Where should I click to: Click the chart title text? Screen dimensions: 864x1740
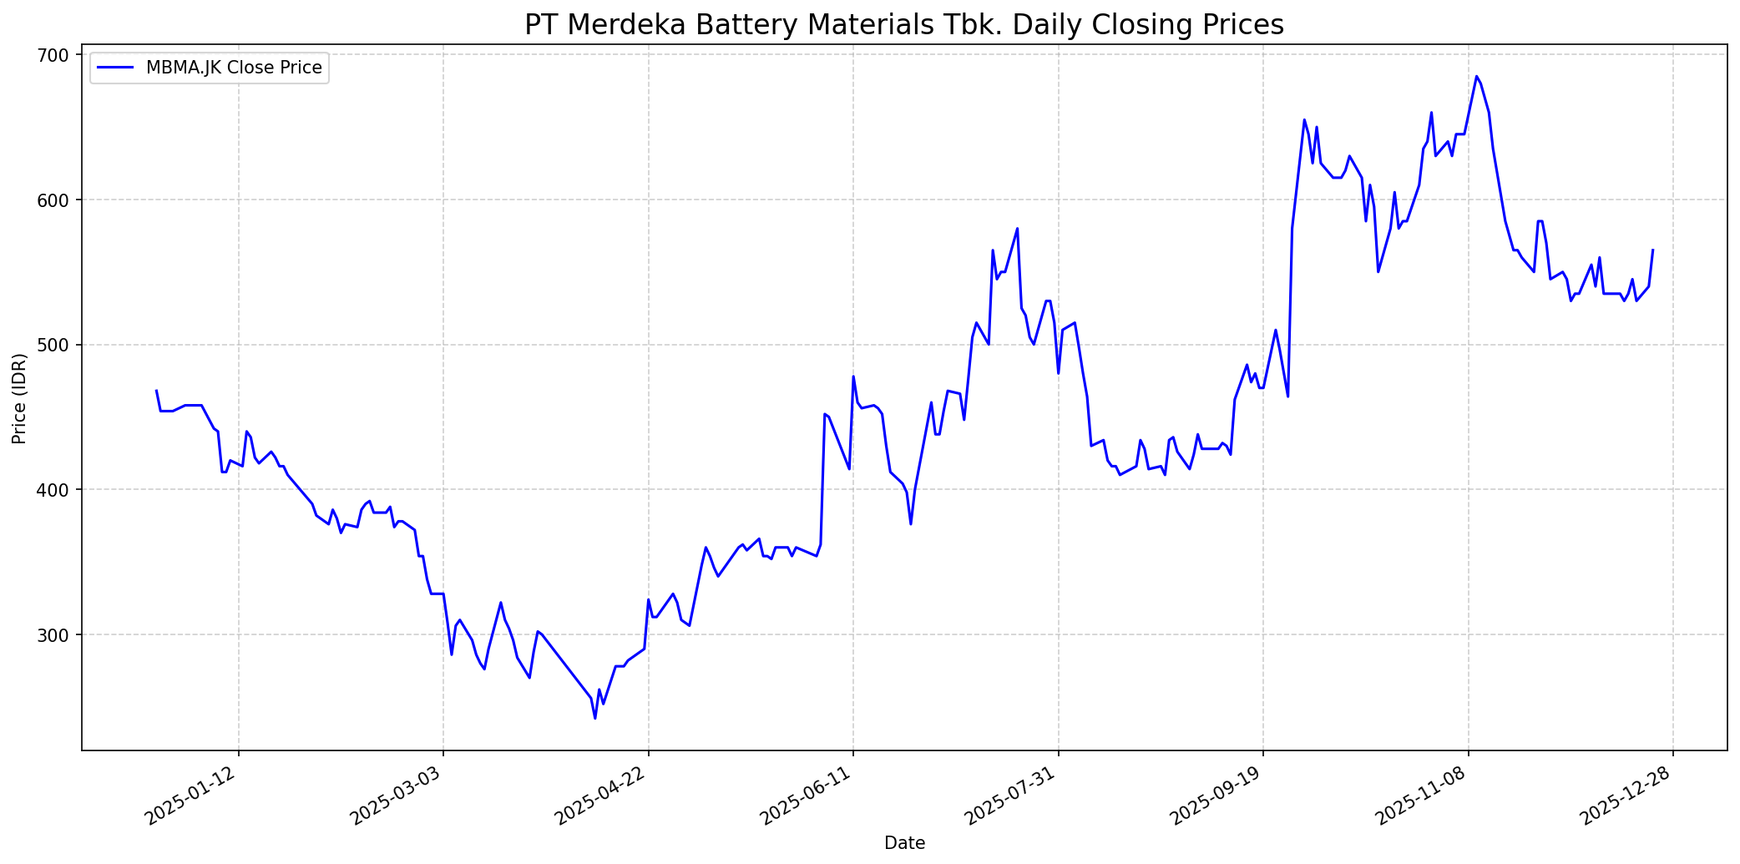(903, 25)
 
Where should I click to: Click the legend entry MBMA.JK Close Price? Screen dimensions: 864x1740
(233, 68)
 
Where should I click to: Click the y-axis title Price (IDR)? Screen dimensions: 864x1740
(19, 398)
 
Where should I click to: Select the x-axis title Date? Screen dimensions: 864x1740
(904, 843)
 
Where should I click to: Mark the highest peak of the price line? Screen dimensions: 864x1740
(1476, 76)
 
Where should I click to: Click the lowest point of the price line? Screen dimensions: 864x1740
(594, 718)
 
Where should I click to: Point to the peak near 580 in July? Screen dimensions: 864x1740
(1017, 228)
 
